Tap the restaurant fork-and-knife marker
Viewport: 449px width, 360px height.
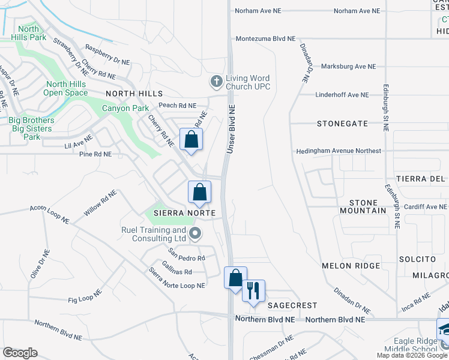click(x=253, y=291)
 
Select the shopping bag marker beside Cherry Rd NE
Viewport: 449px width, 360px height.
click(x=191, y=140)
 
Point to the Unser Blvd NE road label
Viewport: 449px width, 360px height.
click(x=231, y=127)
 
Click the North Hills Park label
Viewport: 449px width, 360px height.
click(x=29, y=33)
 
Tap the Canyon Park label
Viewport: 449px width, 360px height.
click(x=125, y=109)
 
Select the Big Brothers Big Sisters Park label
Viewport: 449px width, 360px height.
click(x=31, y=128)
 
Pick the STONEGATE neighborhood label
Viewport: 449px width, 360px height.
click(x=343, y=123)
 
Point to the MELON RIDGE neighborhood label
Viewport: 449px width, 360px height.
click(x=351, y=265)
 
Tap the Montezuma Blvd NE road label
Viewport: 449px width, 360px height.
click(x=266, y=38)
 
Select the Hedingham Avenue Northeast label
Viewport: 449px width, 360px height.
click(x=339, y=151)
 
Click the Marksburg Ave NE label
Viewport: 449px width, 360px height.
click(x=348, y=67)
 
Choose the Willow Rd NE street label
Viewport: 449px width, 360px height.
click(x=100, y=204)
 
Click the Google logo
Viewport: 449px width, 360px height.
click(x=20, y=353)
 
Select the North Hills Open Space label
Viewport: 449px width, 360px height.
click(x=66, y=88)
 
